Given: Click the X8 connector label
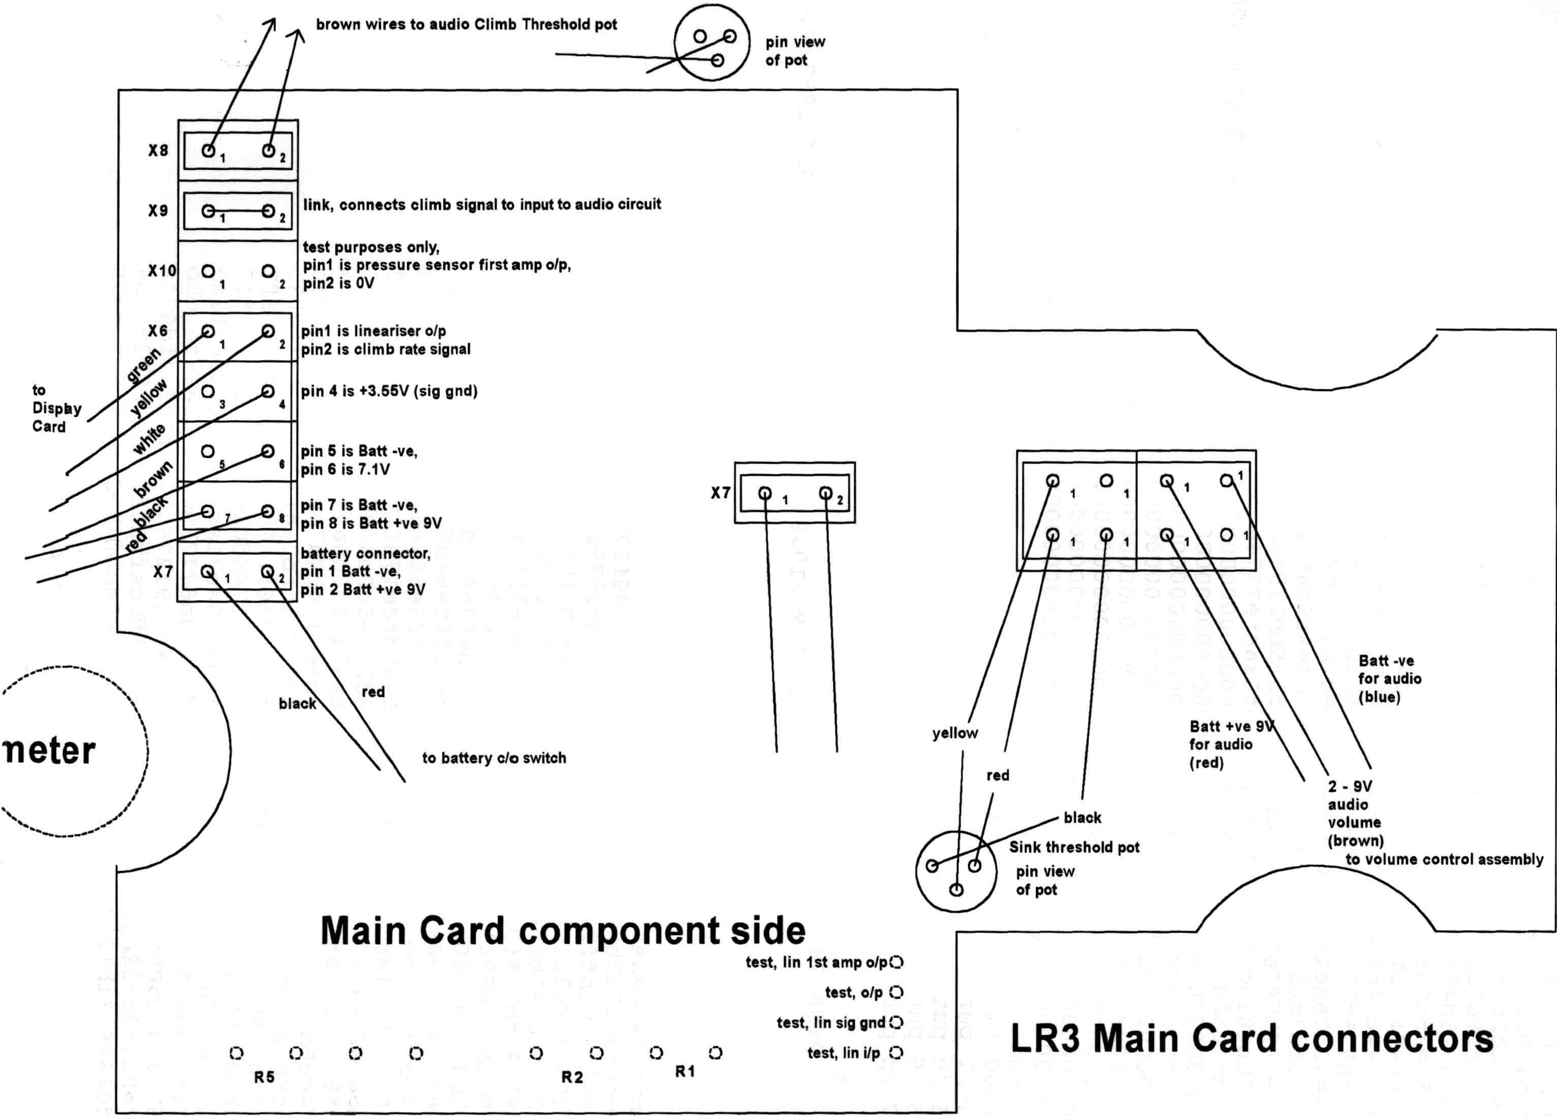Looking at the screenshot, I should [158, 150].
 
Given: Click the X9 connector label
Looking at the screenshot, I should [158, 210].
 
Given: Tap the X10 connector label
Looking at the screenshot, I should [162, 270].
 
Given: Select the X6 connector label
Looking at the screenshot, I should [158, 331].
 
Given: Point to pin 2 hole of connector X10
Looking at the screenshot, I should [268, 271].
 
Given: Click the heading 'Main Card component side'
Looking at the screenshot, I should [563, 931].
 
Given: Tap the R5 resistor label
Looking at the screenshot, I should [264, 1077].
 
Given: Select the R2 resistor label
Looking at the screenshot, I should [572, 1077].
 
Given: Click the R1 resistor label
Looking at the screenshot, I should [685, 1071].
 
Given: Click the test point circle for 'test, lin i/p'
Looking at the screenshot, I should [896, 1053].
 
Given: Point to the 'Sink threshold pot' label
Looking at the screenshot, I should [1074, 848].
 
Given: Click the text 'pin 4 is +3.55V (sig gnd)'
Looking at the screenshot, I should [389, 391].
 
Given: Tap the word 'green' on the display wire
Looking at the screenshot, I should [143, 365].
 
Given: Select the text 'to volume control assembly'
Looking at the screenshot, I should [1444, 859].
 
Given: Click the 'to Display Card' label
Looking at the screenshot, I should [56, 408].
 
